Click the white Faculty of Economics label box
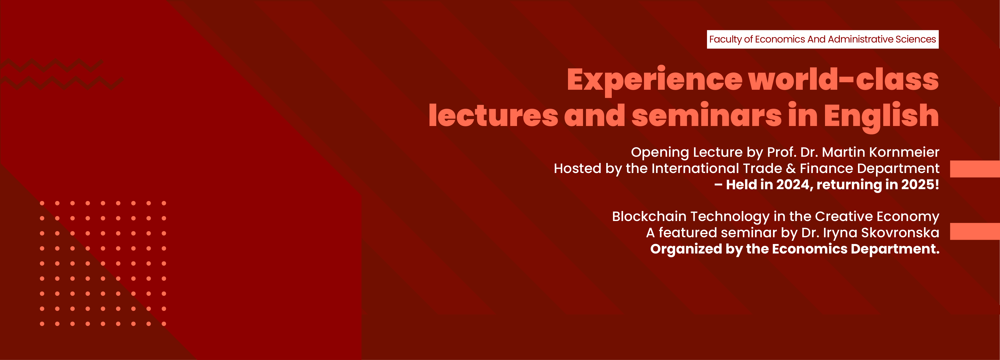822,39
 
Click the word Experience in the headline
654,79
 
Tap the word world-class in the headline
843,79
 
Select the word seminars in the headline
706,116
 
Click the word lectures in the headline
493,116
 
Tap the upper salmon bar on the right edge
974,169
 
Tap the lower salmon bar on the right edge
974,231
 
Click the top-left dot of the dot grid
42,203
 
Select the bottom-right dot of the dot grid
164,323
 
